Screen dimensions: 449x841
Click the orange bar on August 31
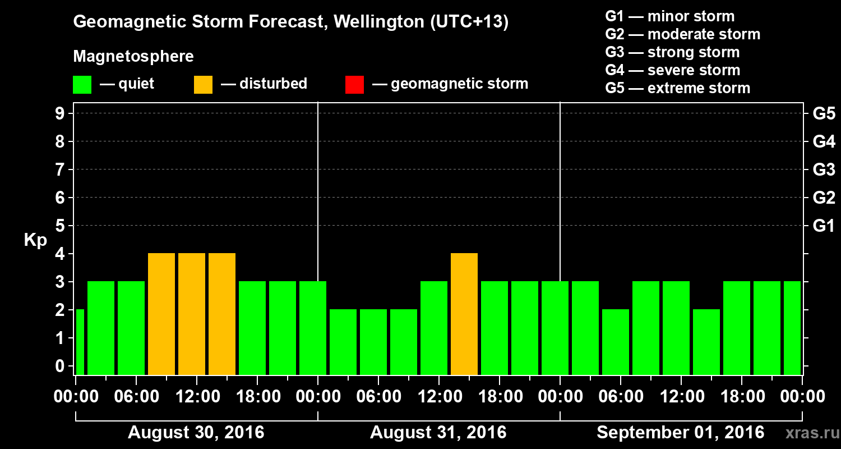(464, 314)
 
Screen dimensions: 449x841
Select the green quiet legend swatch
(82, 85)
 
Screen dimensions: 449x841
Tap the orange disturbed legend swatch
(203, 85)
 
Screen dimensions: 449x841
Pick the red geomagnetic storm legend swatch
(354, 85)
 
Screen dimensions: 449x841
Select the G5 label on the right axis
(824, 113)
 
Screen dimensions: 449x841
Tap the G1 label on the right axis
(824, 226)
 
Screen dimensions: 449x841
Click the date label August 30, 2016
(196, 433)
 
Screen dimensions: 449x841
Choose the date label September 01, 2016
(680, 433)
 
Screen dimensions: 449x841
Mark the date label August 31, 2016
(438, 433)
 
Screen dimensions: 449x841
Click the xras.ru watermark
(808, 433)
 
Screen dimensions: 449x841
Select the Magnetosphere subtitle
(133, 57)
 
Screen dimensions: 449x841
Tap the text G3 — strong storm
(672, 52)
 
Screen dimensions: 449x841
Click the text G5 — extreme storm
(677, 88)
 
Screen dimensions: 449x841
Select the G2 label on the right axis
(824, 198)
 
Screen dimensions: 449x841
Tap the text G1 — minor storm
(669, 16)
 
